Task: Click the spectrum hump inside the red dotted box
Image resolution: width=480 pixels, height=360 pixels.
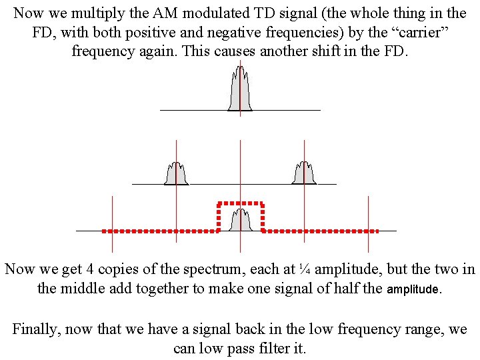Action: [240, 221]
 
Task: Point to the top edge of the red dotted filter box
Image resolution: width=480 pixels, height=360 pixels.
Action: [240, 202]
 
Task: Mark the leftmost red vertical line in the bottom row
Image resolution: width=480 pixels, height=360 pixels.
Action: [112, 217]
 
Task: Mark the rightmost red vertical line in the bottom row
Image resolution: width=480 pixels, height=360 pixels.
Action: [368, 217]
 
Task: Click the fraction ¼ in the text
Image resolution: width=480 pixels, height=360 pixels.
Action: [304, 269]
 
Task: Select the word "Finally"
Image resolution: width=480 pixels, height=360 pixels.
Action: [36, 329]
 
